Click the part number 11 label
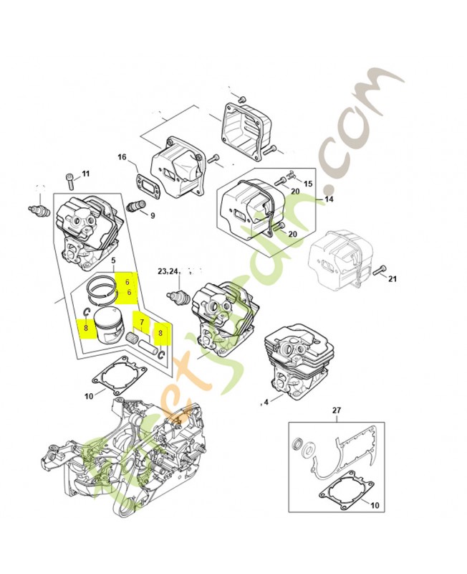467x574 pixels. tap(85, 173)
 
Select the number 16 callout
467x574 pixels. tap(122, 157)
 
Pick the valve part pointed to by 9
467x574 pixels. tap(135, 204)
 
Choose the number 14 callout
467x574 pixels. tap(329, 199)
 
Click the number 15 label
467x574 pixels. tap(308, 184)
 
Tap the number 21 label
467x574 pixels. tap(392, 279)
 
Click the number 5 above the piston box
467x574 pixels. tap(114, 259)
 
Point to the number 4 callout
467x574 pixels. tap(266, 402)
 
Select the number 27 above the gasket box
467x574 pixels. tap(336, 410)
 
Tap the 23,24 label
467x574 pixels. tap(167, 271)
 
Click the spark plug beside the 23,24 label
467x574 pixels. tap(179, 295)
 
